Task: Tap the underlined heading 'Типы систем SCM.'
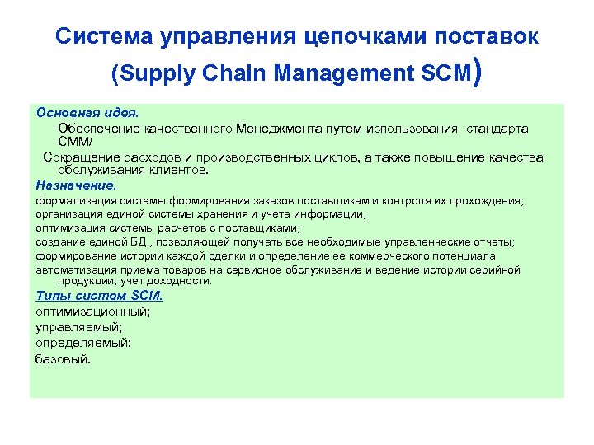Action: click(99, 296)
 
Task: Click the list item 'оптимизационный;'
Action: click(92, 311)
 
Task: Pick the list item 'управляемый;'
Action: click(78, 326)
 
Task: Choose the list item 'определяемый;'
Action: click(83, 342)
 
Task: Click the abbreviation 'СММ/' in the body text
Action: click(75, 142)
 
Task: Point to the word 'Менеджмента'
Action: click(280, 129)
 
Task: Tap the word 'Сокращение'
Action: click(82, 157)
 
